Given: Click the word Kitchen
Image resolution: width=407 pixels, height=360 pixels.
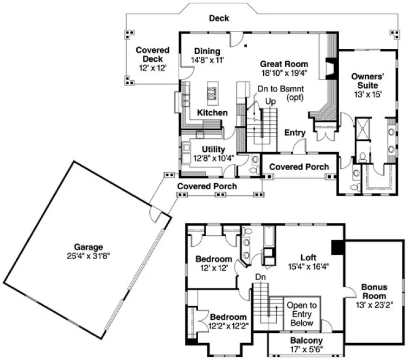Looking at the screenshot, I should [212, 112].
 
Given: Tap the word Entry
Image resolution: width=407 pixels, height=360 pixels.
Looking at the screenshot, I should [295, 133].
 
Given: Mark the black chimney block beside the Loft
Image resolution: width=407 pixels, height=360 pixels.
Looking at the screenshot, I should [337, 247].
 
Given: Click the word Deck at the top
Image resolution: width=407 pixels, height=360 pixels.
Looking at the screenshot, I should [219, 18].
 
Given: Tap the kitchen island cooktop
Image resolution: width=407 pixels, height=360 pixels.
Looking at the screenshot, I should [212, 92].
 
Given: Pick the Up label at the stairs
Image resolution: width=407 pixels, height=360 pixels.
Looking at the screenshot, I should [270, 101].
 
